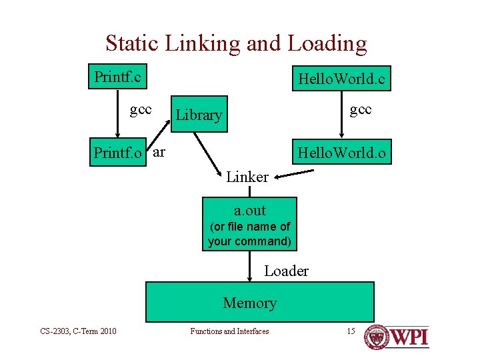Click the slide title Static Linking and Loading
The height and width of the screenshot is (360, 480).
click(x=236, y=44)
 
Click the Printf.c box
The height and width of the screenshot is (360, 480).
click(x=118, y=77)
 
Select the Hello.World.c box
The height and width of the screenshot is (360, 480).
click(x=341, y=79)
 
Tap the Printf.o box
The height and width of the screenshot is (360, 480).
click(x=118, y=153)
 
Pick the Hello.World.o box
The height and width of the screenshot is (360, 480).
click(x=341, y=153)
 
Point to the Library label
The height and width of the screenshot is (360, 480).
click(x=199, y=115)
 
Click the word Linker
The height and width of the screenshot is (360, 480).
click(x=247, y=177)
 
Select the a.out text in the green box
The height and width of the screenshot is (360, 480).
click(x=249, y=211)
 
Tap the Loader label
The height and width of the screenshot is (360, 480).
click(x=286, y=271)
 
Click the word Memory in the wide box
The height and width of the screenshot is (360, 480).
click(x=249, y=303)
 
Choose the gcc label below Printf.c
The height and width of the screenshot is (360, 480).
click(x=141, y=109)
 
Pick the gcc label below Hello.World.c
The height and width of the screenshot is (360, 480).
click(x=361, y=109)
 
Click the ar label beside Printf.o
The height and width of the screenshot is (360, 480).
click(x=159, y=152)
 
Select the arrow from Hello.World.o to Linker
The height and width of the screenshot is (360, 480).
click(x=293, y=173)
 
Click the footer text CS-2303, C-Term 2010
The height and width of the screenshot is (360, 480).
click(x=78, y=331)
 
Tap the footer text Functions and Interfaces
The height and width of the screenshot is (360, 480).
click(x=229, y=331)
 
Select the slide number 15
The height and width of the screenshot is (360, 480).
click(x=351, y=331)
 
